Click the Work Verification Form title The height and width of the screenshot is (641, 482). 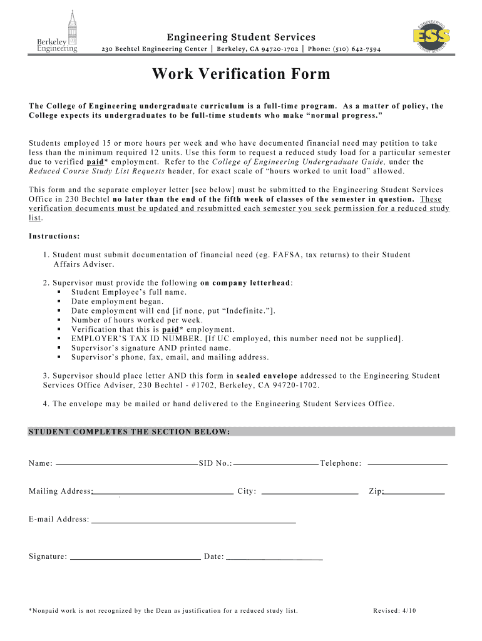240,74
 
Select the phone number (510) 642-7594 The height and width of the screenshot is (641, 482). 356,50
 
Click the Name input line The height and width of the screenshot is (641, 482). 126,464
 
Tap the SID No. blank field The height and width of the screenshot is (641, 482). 275,464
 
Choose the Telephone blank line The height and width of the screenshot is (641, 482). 408,464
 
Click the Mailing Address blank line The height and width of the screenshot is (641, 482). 163,493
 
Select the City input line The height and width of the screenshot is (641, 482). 309,493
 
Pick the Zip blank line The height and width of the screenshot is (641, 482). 414,493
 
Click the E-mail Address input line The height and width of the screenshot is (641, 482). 193,521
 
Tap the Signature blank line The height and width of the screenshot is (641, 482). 135,556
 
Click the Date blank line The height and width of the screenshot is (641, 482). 274,557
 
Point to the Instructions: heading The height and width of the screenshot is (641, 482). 54,236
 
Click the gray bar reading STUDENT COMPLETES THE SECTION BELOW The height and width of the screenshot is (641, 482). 241,432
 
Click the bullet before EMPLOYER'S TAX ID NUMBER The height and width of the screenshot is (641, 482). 58,339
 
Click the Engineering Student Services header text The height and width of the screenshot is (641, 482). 240,38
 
